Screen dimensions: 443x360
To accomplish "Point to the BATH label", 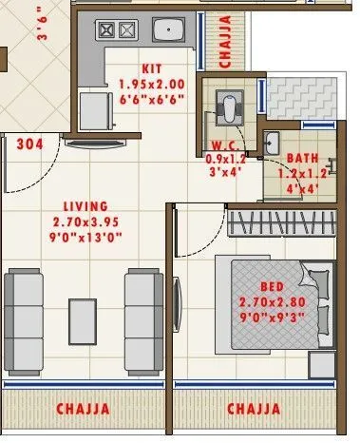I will (x=303, y=157).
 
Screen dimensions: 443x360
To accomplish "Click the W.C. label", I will (x=224, y=146).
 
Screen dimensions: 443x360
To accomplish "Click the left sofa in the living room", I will (x=23, y=305).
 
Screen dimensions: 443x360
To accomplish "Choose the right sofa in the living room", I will (x=144, y=305).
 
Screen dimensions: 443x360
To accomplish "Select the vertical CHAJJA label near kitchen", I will (x=225, y=41).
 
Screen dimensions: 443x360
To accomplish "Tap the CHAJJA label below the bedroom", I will (x=254, y=410).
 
